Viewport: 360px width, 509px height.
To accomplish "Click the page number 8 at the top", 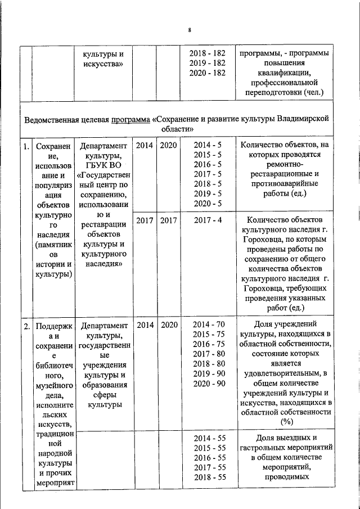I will pos(190,30).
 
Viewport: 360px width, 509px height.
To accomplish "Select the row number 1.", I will pos(26,146).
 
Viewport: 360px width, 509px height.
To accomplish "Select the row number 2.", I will pos(26,325).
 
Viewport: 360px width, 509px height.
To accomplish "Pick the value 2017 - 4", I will pos(208,220).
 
